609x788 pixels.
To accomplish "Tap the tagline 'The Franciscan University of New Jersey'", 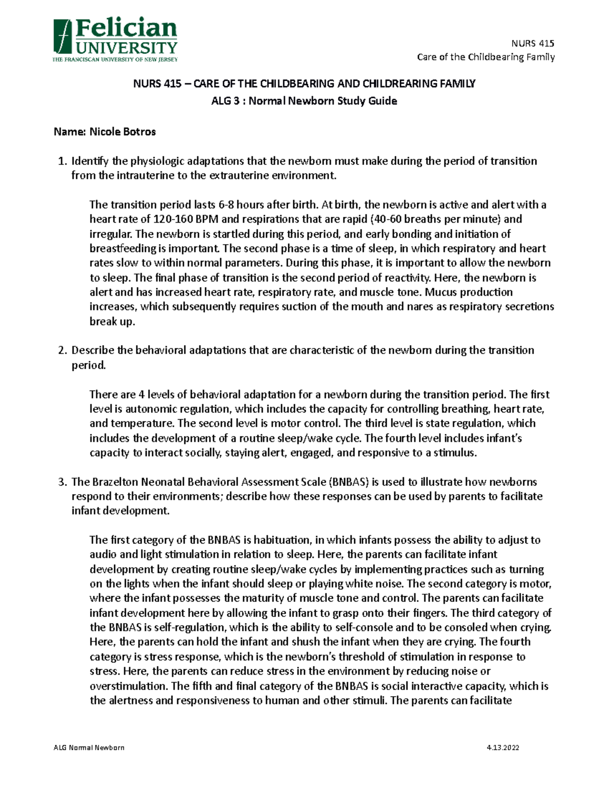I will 115,60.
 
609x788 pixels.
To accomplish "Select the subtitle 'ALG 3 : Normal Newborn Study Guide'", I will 304,101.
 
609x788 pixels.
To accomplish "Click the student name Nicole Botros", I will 122,132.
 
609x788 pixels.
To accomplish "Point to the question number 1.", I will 62,161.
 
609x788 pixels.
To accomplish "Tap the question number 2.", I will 62,351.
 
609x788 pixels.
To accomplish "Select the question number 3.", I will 62,482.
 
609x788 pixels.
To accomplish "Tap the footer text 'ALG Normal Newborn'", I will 89,748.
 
